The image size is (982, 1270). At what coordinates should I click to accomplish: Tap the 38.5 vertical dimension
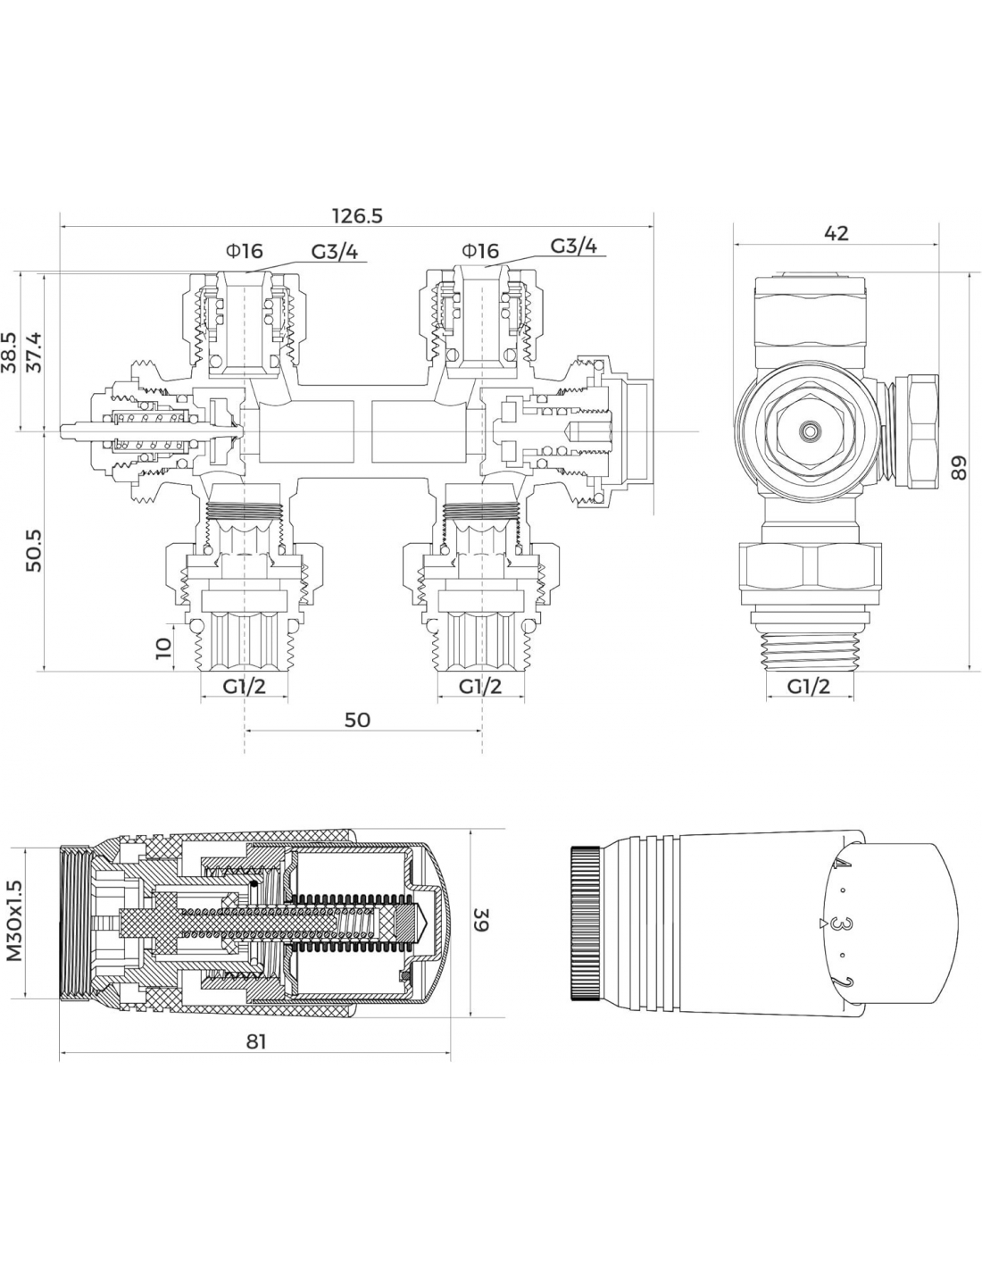pyautogui.click(x=11, y=353)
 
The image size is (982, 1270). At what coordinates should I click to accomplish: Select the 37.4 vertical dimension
pyautogui.click(x=34, y=353)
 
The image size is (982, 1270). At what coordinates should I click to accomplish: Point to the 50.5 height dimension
pyautogui.click(x=34, y=551)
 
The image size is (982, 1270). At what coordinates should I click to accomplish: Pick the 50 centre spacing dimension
pyautogui.click(x=356, y=720)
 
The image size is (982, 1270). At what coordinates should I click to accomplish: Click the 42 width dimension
pyautogui.click(x=836, y=233)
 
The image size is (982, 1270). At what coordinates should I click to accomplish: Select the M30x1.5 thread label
pyautogui.click(x=14, y=920)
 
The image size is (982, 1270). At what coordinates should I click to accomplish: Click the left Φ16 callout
pyautogui.click(x=245, y=251)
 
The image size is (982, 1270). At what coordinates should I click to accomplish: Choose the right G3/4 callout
pyautogui.click(x=573, y=247)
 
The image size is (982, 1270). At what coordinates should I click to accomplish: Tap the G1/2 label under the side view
pyautogui.click(x=809, y=686)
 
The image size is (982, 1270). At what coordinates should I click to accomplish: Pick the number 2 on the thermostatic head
pyautogui.click(x=838, y=983)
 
